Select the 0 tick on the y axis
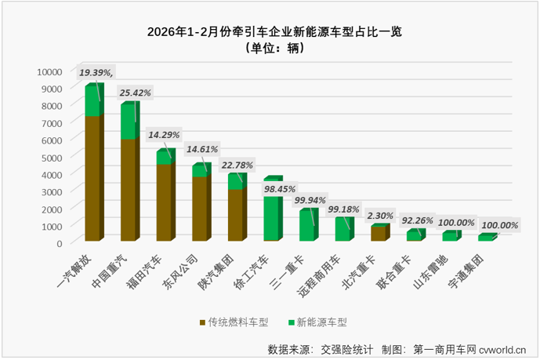(59, 243)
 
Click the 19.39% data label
(96, 72)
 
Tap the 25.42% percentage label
(135, 93)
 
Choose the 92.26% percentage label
(417, 220)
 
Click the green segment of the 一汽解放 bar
(92, 101)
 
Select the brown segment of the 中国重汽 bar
(129, 189)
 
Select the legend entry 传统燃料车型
(233, 322)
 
